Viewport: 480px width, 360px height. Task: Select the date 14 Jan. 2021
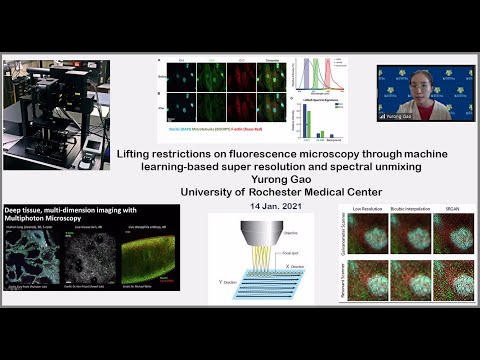pyautogui.click(x=240, y=204)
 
